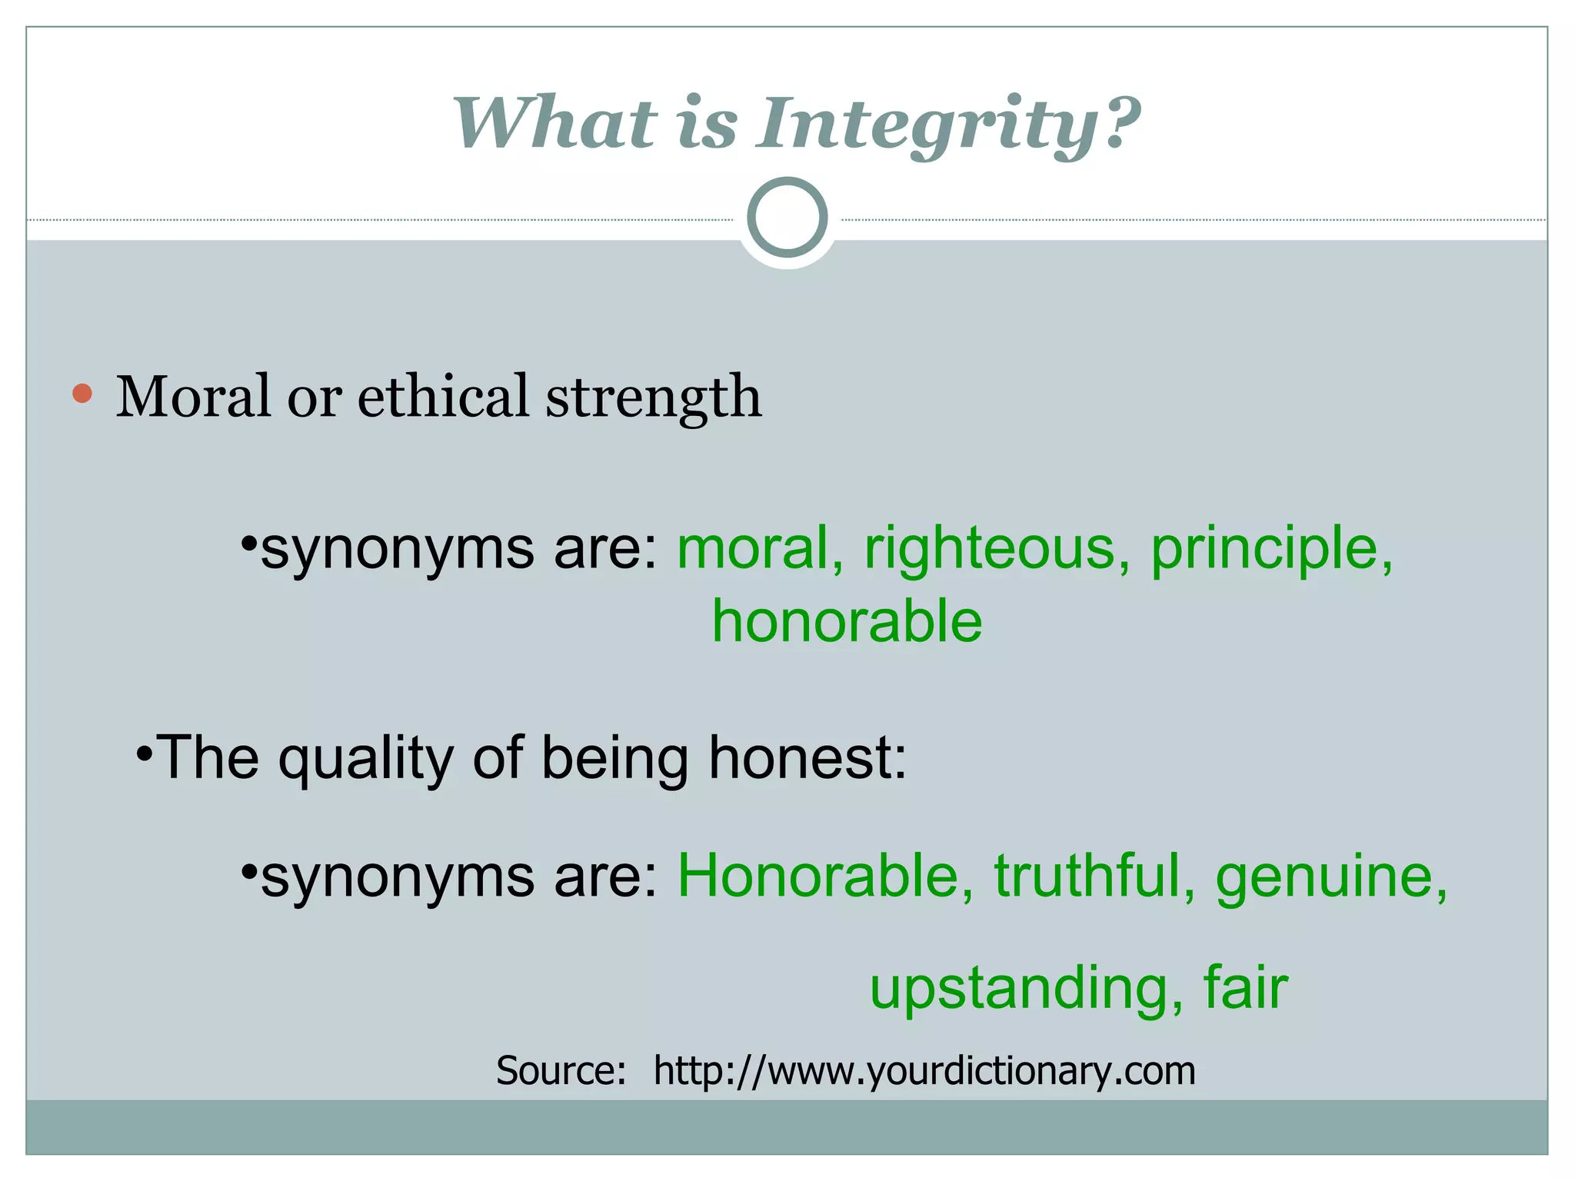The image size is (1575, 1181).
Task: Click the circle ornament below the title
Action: (787, 218)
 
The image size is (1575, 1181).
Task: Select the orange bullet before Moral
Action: (82, 394)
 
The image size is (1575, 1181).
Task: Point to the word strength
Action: (654, 398)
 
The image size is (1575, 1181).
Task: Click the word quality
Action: (366, 758)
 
